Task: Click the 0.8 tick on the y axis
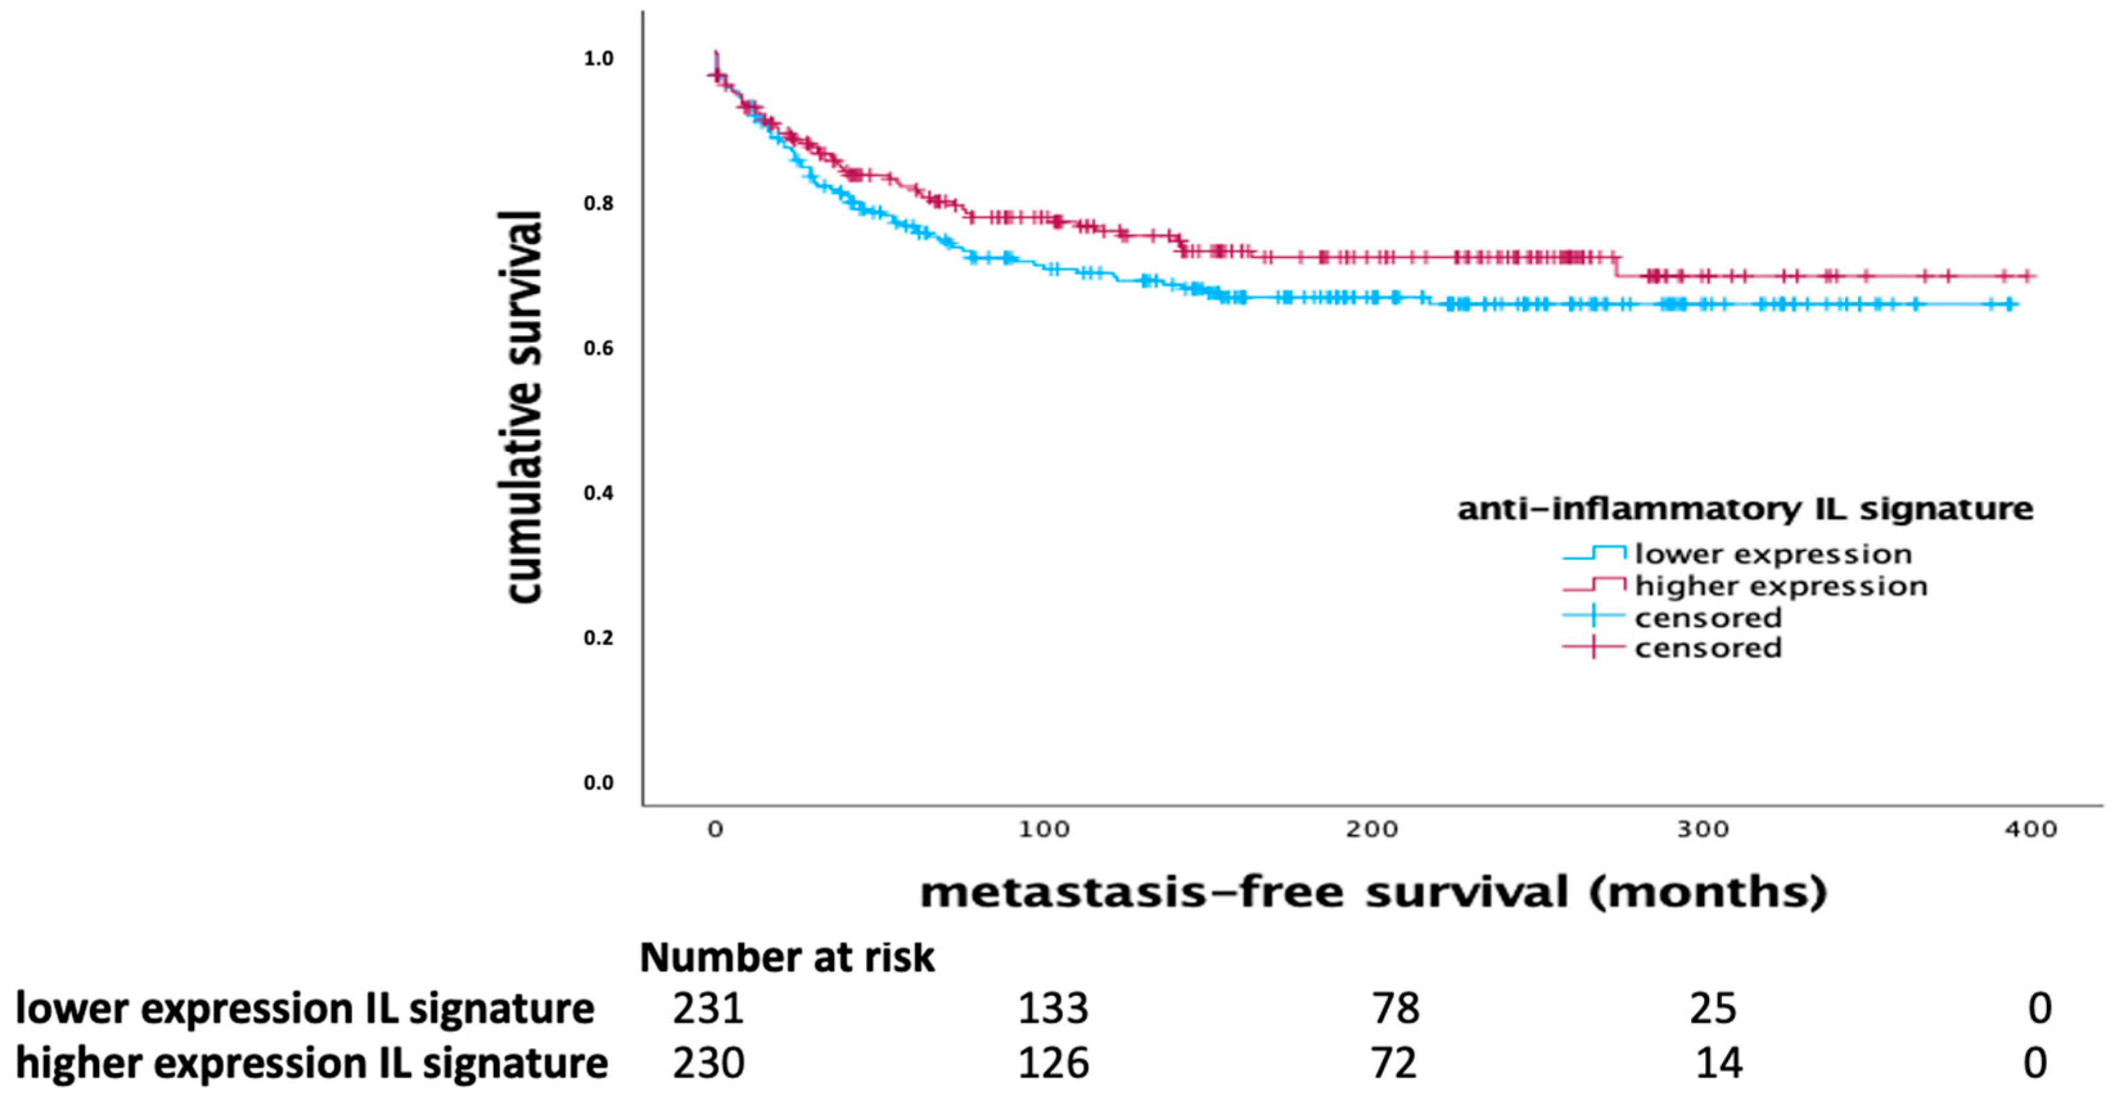pos(598,204)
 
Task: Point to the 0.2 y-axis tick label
pos(598,638)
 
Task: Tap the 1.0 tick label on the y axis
pos(598,59)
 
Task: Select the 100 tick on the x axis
pos(1044,830)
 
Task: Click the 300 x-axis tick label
pos(1702,830)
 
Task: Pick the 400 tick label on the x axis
pos(2031,830)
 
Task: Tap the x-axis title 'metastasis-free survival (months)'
pos(1374,893)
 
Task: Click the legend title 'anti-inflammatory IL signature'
pos(1745,509)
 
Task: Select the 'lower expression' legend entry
pos(1773,554)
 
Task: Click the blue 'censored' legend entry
pos(1708,617)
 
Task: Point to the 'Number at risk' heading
pos(787,958)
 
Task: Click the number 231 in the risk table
pos(708,1008)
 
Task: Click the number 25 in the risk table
pos(1713,1008)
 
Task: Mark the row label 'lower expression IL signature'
pos(304,1008)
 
